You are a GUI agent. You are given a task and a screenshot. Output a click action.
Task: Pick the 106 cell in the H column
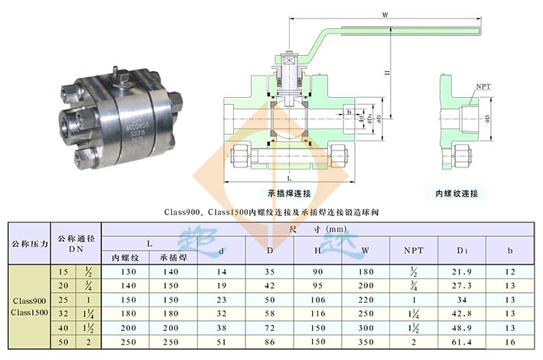[317, 300]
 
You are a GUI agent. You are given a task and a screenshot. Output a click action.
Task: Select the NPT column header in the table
[414, 250]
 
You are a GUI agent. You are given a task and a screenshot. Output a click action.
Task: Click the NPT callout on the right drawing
[483, 87]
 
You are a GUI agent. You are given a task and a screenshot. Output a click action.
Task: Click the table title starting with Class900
[271, 210]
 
